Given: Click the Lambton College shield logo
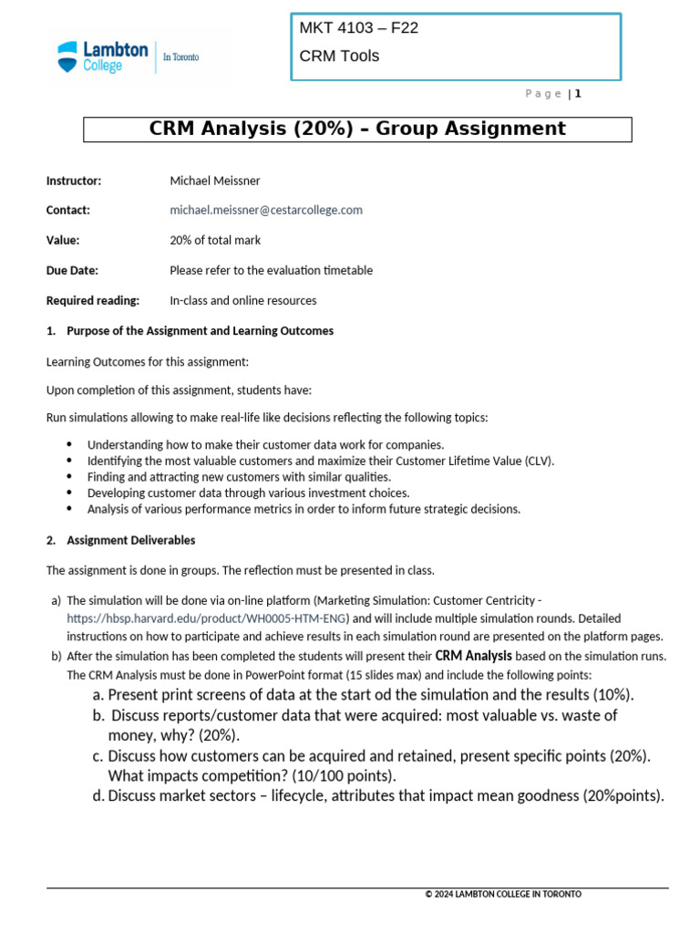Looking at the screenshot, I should [x=68, y=57].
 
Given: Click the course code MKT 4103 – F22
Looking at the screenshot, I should [x=359, y=27].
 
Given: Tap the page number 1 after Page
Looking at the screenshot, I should [x=578, y=93].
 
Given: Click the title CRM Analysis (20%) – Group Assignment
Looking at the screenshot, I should [x=357, y=130].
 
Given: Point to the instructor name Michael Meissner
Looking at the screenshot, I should [x=215, y=181].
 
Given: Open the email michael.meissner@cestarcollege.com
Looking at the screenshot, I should [x=266, y=210].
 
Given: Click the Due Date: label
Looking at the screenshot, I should [x=72, y=270].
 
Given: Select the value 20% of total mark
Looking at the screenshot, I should [x=215, y=240].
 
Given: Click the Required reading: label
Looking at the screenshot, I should [x=93, y=300].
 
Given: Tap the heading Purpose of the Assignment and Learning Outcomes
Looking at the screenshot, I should [x=201, y=330].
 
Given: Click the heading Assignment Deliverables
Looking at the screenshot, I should [x=131, y=540].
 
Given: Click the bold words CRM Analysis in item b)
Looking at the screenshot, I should [x=474, y=656].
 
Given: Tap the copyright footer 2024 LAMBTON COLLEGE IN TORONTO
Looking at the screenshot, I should [x=503, y=894].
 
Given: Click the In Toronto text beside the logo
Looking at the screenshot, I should [x=180, y=57].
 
